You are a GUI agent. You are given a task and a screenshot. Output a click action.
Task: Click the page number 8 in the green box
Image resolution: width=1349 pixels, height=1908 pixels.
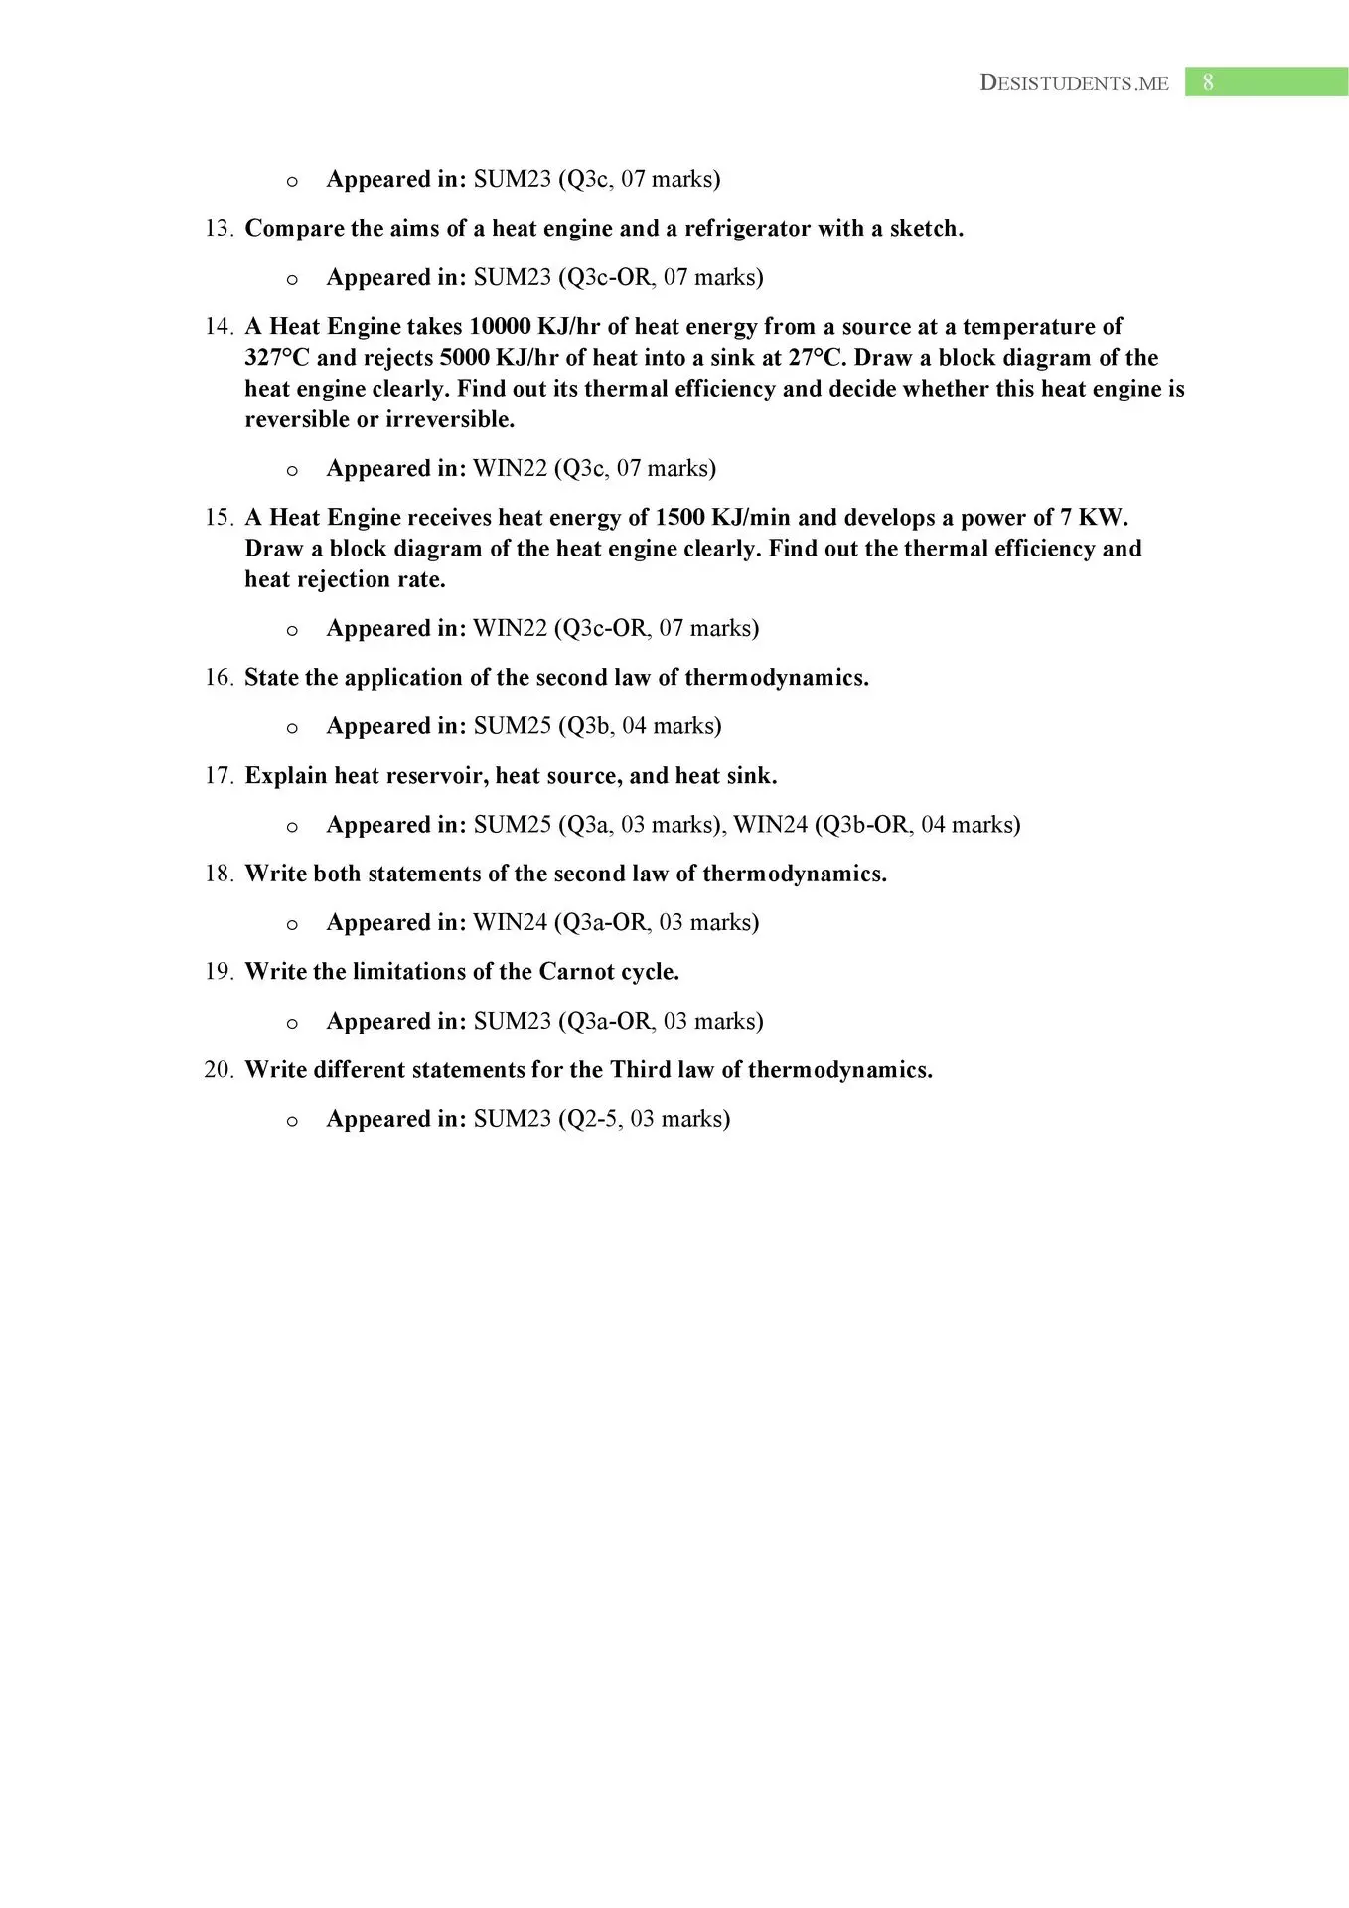tap(1208, 82)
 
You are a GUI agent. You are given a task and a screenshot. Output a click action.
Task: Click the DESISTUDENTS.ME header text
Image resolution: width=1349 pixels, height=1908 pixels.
tap(1074, 83)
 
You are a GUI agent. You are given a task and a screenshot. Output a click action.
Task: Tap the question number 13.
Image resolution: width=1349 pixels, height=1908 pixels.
tap(219, 229)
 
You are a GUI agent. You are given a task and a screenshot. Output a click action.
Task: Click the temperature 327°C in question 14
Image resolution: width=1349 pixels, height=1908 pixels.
tap(277, 358)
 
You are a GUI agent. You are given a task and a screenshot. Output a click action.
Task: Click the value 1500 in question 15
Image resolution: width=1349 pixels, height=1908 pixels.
tap(679, 518)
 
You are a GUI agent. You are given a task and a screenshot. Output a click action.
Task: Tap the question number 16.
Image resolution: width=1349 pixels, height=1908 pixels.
tap(219, 678)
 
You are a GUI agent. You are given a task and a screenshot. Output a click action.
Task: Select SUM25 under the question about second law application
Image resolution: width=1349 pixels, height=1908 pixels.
tap(512, 726)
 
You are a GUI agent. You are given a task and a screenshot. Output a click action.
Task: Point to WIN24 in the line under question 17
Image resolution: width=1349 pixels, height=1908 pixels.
tap(770, 825)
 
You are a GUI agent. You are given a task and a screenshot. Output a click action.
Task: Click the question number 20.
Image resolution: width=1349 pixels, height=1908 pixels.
tap(219, 1070)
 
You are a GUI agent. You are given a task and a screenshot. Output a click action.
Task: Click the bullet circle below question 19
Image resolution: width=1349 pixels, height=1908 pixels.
tap(292, 1023)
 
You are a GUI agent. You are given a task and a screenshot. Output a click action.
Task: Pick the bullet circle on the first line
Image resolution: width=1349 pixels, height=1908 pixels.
tap(292, 181)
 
